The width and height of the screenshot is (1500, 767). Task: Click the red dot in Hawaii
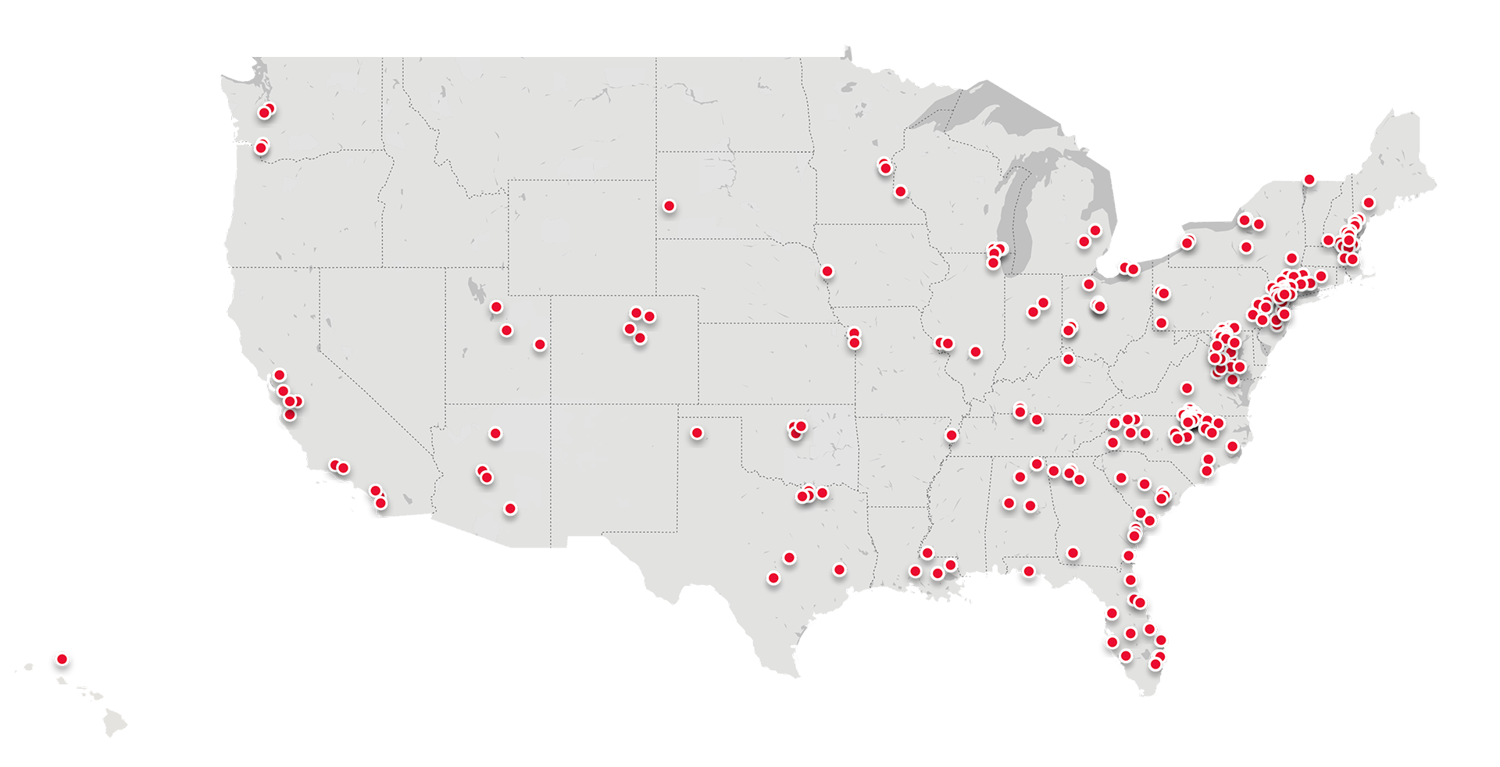(x=62, y=658)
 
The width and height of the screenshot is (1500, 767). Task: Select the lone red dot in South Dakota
(x=669, y=206)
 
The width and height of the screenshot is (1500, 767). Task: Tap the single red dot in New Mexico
(x=697, y=433)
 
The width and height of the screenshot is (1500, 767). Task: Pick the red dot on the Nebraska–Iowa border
(x=827, y=272)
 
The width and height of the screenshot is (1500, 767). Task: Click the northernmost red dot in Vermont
(x=1309, y=180)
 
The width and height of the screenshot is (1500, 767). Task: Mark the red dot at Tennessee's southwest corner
(x=951, y=435)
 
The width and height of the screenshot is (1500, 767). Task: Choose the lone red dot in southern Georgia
(x=1073, y=553)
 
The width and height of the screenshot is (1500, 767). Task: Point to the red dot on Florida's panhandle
(x=1029, y=571)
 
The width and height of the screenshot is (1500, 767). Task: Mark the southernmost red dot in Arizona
(x=510, y=508)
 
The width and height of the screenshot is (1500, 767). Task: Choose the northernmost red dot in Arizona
(x=495, y=433)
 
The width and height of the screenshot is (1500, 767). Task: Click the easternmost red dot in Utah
(x=539, y=344)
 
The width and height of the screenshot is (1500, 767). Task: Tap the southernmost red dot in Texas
(x=773, y=578)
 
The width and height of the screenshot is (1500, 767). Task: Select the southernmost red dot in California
(x=380, y=503)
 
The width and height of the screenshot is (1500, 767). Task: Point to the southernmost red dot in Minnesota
(x=900, y=191)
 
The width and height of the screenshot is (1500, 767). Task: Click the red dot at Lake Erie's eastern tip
(x=1187, y=243)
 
